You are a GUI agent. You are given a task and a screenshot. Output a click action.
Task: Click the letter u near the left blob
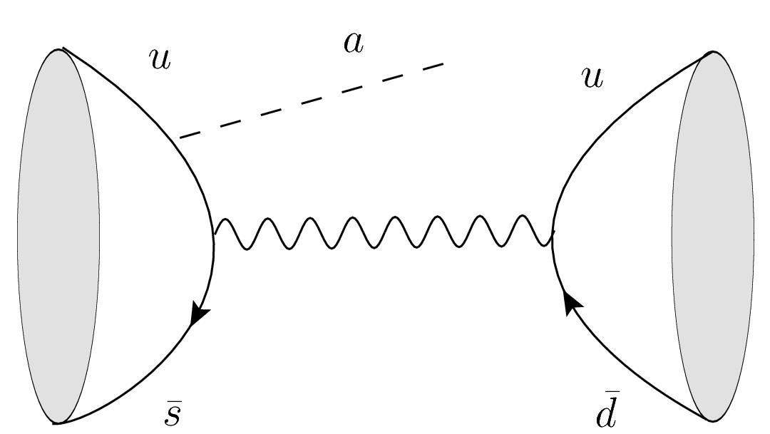160,59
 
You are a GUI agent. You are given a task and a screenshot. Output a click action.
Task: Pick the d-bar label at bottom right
606,413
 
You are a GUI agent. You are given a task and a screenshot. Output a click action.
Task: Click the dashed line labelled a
311,100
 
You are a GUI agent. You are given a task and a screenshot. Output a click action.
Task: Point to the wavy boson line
384,232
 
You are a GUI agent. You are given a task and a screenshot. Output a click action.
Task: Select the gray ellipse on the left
58,236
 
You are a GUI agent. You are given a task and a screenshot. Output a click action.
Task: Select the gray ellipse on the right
712,236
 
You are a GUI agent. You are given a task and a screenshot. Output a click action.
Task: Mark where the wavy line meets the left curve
214,232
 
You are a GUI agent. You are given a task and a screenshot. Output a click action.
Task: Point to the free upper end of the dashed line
444,64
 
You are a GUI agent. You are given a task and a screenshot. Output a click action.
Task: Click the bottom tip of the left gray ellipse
56,423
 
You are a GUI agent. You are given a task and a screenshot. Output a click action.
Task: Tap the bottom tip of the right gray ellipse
712,420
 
